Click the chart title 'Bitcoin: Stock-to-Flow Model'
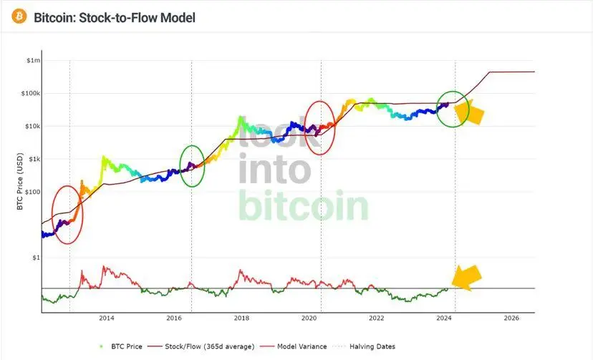115,16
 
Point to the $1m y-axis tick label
33,61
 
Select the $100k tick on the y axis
31,94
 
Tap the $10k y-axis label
32,127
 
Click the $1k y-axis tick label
34,160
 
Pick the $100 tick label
32,192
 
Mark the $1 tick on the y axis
36,258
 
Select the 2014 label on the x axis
107,318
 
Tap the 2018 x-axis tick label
241,318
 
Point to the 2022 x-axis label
377,318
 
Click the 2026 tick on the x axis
511,318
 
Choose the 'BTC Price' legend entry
124,346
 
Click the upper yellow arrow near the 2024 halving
473,112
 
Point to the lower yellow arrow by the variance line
466,277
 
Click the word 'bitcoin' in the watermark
304,206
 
